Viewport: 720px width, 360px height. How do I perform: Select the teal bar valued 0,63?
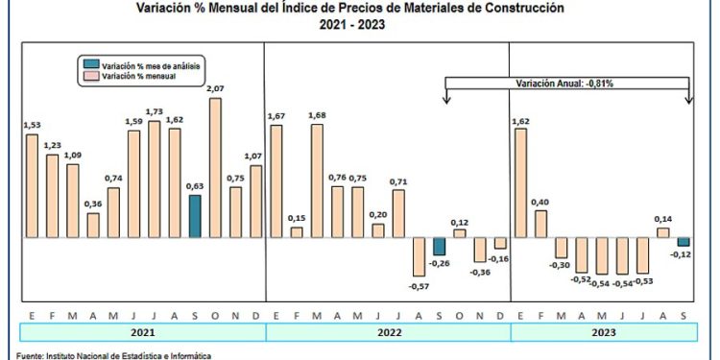[194, 217]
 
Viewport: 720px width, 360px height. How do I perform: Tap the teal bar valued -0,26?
[439, 247]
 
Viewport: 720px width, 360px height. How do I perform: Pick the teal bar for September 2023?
[684, 242]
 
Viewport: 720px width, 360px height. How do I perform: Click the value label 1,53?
[32, 125]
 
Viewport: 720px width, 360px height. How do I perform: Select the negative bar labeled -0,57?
[419, 256]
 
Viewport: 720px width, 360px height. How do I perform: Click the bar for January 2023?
[521, 183]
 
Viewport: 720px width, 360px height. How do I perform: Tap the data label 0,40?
[541, 202]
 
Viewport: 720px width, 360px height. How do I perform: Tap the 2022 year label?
[387, 333]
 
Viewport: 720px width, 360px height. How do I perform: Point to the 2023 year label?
[602, 333]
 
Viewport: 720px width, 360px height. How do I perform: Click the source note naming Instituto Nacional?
[106, 355]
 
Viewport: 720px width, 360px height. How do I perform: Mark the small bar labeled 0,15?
[297, 232]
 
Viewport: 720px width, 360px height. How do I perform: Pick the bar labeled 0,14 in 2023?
[663, 232]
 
